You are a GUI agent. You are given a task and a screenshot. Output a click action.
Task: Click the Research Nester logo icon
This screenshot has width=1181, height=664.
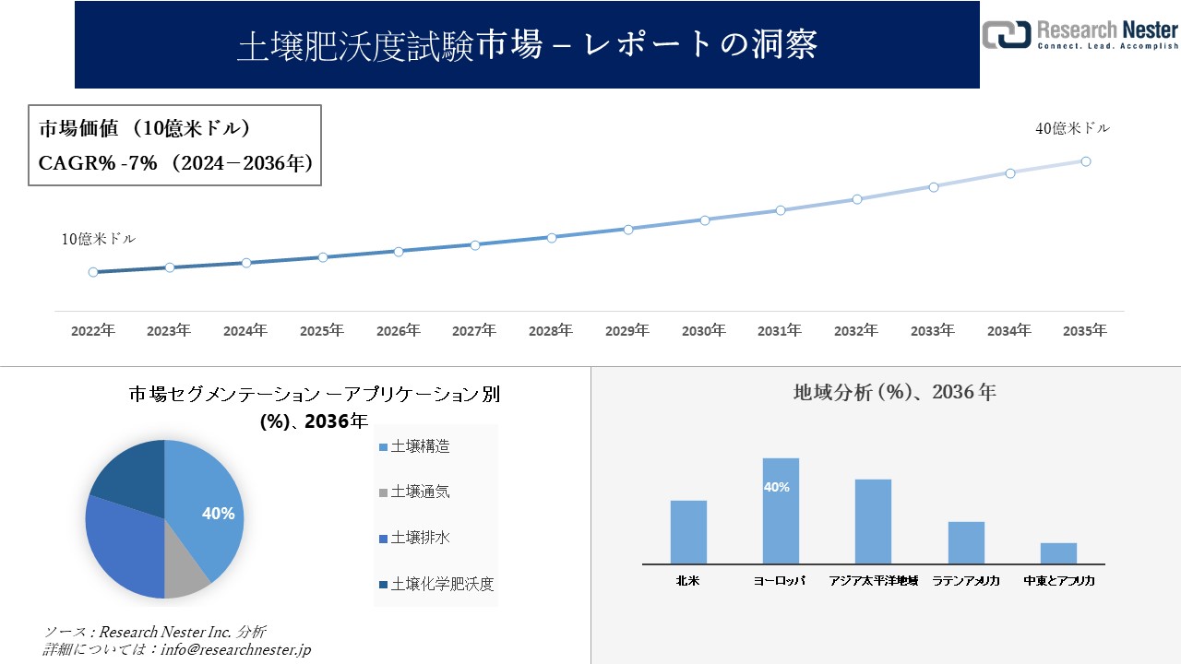point(1007,34)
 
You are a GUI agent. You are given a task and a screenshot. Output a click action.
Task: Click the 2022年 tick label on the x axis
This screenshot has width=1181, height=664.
point(93,330)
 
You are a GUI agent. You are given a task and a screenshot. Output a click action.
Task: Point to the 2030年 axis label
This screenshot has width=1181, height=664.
point(703,330)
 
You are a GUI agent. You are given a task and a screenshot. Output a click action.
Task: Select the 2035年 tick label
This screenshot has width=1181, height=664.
point(1084,330)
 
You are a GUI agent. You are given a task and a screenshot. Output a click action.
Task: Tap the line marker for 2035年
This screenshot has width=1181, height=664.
point(1086,161)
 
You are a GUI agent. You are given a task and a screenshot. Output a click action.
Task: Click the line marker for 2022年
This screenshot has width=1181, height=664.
point(93,272)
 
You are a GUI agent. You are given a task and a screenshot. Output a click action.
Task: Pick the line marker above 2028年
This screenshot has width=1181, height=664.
point(551,237)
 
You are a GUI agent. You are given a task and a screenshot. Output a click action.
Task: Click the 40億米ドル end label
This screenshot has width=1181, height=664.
point(1073,129)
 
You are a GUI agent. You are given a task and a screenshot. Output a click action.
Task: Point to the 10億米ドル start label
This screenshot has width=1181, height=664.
point(99,239)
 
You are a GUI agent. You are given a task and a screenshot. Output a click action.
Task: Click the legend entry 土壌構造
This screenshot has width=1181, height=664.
point(420,446)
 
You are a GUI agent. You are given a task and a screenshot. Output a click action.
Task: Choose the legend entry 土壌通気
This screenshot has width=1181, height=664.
point(420,492)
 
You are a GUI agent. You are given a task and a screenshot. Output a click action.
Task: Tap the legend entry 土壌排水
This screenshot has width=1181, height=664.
point(420,538)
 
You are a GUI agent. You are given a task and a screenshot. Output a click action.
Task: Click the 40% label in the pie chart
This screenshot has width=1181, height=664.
point(218,514)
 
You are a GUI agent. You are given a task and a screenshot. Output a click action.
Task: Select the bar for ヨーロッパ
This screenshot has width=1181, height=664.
point(781,512)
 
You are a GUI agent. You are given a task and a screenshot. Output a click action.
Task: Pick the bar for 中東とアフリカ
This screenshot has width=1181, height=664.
point(1058,553)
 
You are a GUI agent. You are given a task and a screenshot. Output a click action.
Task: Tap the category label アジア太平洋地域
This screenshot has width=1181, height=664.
point(873,581)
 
